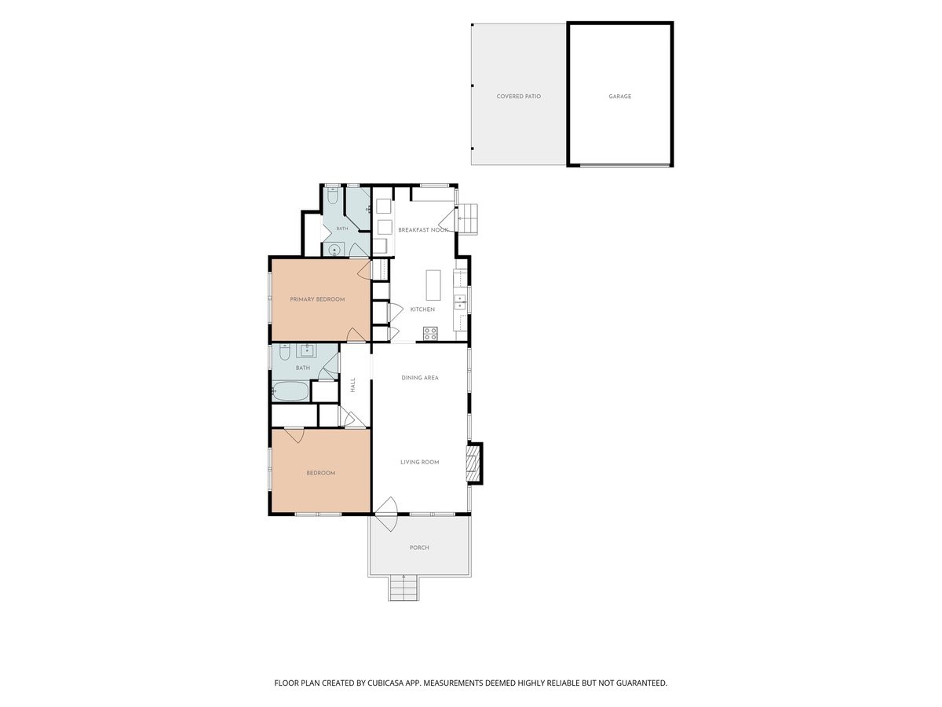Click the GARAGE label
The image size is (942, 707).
coord(619,97)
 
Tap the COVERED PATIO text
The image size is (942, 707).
coord(518,97)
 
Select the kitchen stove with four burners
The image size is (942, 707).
coord(430,334)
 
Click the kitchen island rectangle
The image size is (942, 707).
coord(433,285)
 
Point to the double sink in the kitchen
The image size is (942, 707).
coord(461,302)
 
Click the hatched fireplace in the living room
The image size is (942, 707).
coord(472,463)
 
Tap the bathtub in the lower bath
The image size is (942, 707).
coord(290,391)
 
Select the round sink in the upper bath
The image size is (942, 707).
coord(334,249)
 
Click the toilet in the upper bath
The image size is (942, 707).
coord(333,196)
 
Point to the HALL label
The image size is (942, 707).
coord(352,385)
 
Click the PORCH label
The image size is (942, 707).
coord(419,548)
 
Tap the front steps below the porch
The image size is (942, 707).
coord(403,588)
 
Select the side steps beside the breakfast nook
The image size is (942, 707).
coord(467,218)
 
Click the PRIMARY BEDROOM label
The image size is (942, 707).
coord(317,299)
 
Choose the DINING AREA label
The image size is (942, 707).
coord(420,378)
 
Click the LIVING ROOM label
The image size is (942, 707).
coord(420,463)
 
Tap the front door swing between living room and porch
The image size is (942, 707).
coord(388,515)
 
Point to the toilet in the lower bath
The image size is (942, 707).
coord(283,351)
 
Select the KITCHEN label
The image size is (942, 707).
coord(422,310)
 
